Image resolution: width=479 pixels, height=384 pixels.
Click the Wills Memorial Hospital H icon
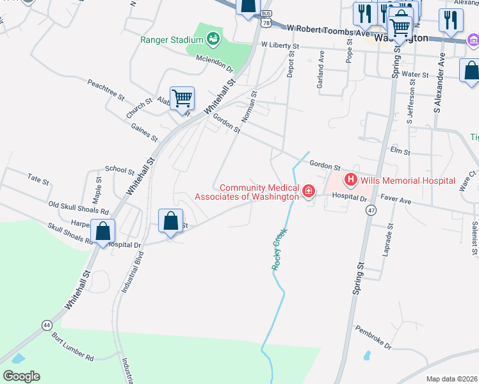[350, 180]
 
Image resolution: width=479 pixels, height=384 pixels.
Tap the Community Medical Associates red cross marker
[309, 191]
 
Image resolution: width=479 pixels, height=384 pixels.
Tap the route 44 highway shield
[47, 325]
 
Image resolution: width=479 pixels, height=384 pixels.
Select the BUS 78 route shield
[266, 19]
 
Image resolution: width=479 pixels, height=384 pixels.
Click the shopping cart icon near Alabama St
[182, 99]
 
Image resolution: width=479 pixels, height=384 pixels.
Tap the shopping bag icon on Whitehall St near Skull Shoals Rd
[102, 231]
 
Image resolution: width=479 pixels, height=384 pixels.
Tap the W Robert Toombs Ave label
[329, 30]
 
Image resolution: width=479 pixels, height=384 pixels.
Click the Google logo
[21, 376]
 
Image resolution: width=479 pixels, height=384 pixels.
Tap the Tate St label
[39, 179]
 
